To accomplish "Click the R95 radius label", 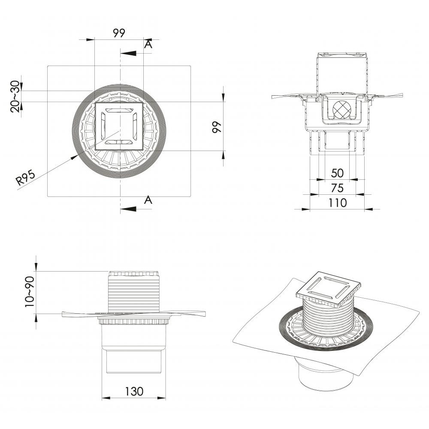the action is pos(26,177).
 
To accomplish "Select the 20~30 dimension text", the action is pos(15,96).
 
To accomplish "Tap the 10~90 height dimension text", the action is pos(30,292).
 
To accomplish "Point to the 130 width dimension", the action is pos(134,391).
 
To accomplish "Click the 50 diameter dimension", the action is pos(337,173).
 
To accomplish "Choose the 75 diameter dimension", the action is pos(337,188).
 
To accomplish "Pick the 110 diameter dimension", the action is pos(337,203).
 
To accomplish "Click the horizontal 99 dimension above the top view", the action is pos(119,33).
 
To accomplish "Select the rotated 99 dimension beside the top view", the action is pos(217,127).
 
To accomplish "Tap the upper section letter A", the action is pos(148,44).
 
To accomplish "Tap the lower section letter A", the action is pos(148,200).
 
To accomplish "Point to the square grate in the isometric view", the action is pos(328,289).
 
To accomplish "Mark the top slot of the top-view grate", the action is pos(119,110).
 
